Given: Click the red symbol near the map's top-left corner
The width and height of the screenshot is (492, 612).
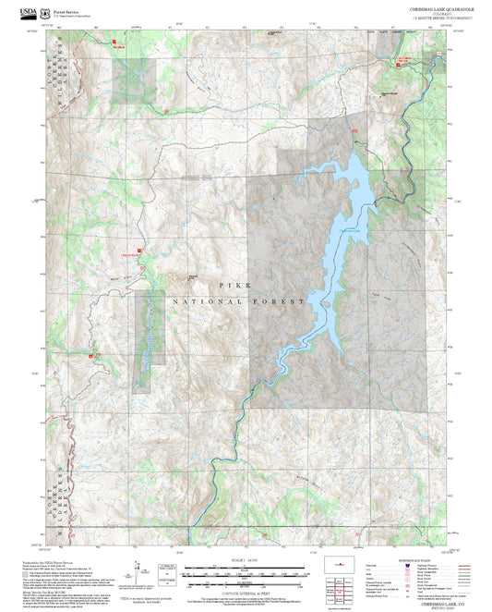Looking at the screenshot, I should (115, 43).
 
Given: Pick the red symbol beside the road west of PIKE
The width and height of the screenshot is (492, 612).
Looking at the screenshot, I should (138, 250).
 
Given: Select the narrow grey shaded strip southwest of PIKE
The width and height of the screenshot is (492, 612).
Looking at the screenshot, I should (149, 342).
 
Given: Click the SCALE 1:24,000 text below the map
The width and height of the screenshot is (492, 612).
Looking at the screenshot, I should (246, 560).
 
